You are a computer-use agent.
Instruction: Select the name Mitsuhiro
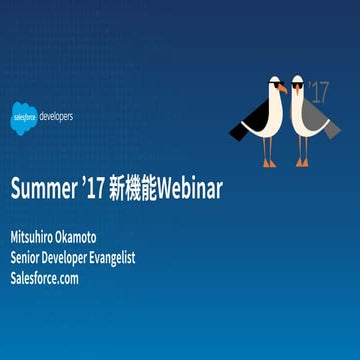point(40,238)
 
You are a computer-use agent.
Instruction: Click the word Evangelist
point(149,258)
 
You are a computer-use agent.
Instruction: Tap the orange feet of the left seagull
point(269,162)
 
